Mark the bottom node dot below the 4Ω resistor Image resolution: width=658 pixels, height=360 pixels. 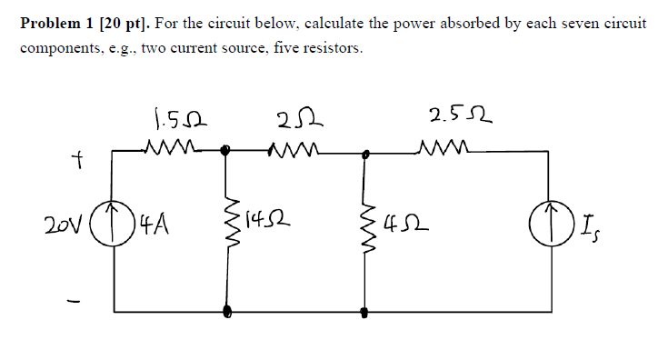click(x=365, y=312)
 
